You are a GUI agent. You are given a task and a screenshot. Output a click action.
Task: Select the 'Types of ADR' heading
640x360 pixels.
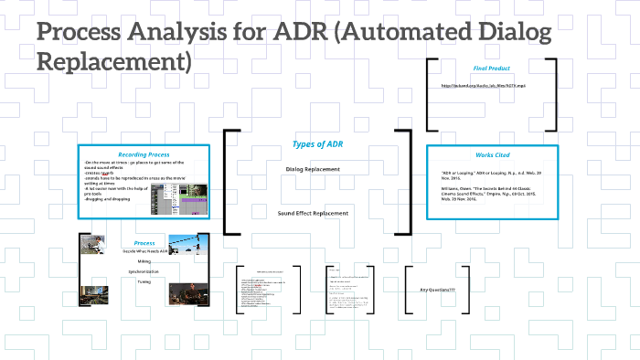(319, 144)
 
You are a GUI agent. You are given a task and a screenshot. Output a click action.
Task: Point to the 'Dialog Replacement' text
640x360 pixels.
(313, 169)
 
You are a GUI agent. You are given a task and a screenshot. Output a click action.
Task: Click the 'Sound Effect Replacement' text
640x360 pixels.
(313, 213)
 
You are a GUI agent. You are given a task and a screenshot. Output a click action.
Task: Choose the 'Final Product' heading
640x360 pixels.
(492, 69)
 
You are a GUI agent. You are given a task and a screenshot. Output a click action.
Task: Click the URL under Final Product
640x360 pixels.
(492, 86)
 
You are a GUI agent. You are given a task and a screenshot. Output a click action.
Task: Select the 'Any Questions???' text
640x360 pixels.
(437, 290)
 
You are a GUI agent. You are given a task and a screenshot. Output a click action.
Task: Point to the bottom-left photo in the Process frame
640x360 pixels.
(95, 291)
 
